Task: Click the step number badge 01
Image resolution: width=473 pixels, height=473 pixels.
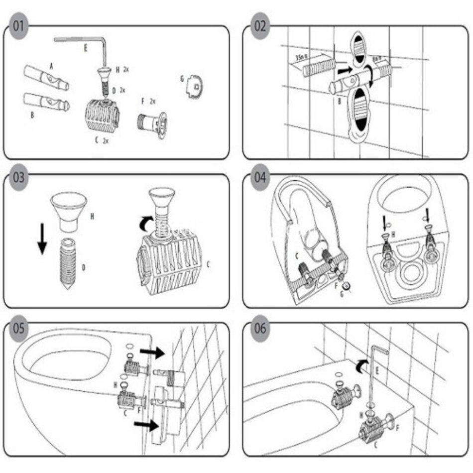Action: click(18, 25)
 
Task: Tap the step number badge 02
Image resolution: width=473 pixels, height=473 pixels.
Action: click(260, 25)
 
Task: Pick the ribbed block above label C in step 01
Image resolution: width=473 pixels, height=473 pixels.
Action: click(99, 114)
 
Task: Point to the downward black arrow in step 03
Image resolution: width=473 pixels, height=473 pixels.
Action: click(42, 239)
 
